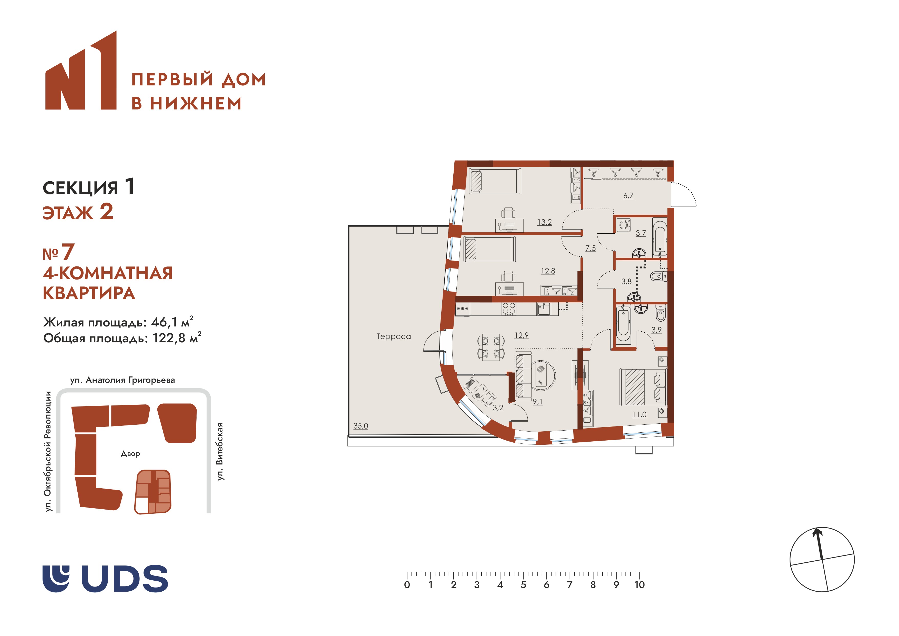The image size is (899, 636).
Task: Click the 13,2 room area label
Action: tap(544, 222)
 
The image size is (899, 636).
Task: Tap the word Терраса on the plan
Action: tap(394, 336)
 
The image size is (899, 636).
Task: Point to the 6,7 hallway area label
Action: tap(628, 195)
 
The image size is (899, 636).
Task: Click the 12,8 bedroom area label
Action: tap(548, 271)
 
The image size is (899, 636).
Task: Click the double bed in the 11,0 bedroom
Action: tap(643, 386)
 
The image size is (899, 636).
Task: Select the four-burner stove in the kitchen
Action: tap(509, 309)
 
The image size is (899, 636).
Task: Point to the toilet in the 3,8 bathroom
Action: tap(659, 276)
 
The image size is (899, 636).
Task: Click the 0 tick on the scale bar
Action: tap(407, 575)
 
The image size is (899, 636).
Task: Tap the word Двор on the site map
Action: tap(130, 454)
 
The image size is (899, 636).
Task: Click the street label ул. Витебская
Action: tap(220, 451)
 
